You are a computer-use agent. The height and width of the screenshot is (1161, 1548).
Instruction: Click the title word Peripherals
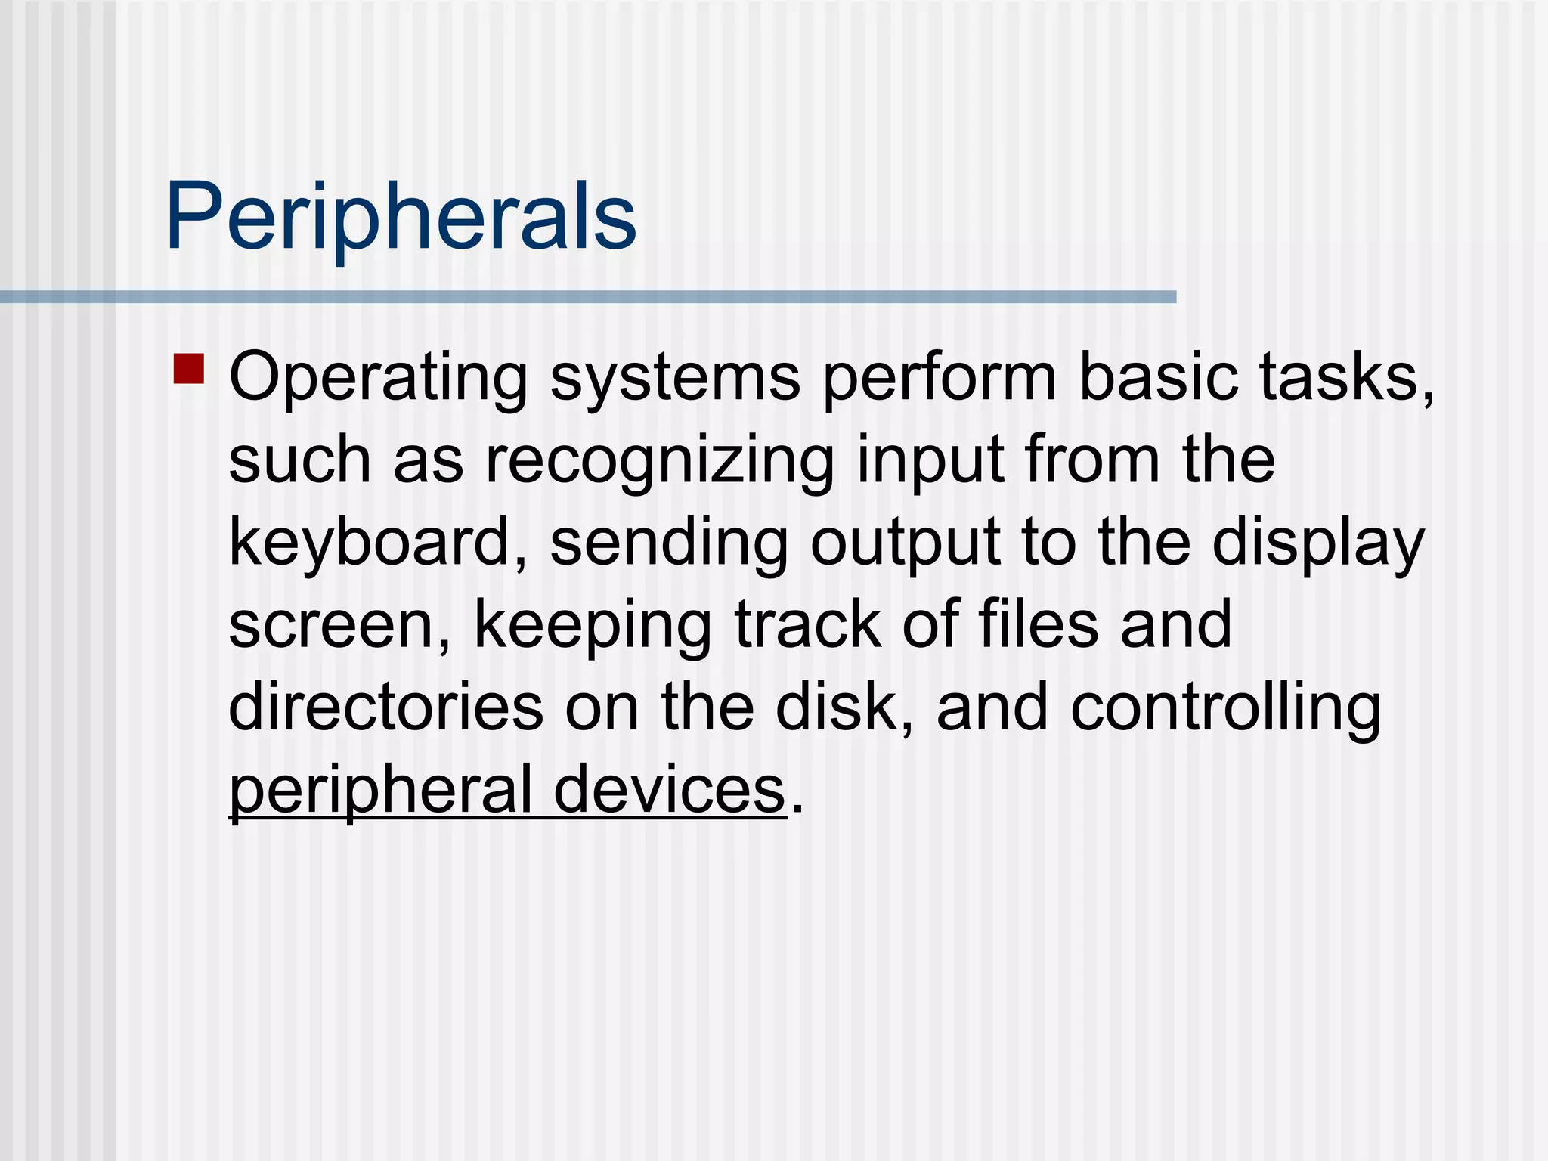click(401, 217)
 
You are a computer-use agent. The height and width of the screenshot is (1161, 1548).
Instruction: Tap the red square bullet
click(189, 369)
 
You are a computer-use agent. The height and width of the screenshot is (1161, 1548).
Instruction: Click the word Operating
click(378, 378)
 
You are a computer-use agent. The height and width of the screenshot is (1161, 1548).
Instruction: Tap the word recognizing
click(660, 461)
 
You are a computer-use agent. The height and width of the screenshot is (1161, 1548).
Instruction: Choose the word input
click(930, 461)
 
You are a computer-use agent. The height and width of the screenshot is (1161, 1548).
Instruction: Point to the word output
click(906, 544)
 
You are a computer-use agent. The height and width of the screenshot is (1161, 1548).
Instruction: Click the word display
click(1318, 544)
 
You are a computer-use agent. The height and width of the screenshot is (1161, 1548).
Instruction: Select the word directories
click(385, 707)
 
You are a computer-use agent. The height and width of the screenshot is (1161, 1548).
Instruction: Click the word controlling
click(1225, 709)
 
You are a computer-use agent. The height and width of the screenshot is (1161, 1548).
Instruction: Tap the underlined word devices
click(669, 791)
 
